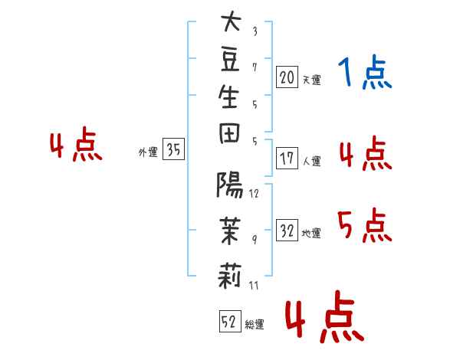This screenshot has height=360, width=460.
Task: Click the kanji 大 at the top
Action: click(229, 24)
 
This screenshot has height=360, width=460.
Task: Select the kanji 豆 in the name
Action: click(229, 62)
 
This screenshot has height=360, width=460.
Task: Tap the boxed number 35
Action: click(174, 150)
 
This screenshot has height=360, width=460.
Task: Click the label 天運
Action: click(311, 80)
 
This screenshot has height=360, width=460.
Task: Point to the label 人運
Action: click(311, 162)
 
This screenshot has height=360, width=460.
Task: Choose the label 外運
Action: click(148, 152)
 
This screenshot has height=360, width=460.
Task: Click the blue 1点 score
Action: click(365, 74)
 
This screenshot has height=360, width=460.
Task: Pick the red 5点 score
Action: click(365, 225)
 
